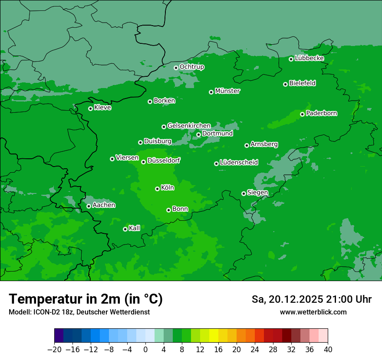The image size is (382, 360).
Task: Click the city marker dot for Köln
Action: [x=157, y=189]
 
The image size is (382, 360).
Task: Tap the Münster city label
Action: [x=227, y=91]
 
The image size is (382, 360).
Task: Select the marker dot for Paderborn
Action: [x=302, y=114]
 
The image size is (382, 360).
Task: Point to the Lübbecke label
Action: [x=309, y=58]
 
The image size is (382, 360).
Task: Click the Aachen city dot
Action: [x=89, y=206]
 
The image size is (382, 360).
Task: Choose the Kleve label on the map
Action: [x=102, y=108]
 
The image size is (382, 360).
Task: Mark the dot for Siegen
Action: [x=244, y=193]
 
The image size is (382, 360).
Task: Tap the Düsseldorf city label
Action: [x=164, y=160]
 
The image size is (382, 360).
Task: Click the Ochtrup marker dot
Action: [x=176, y=68]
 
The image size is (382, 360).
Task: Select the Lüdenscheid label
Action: [x=239, y=163]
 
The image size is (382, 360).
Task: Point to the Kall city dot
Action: [x=125, y=229]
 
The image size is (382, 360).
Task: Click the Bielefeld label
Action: [x=302, y=83]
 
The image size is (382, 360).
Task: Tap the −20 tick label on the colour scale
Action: [x=55, y=350]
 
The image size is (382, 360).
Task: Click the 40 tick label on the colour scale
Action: [x=328, y=350]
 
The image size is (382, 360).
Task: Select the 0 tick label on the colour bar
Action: [x=145, y=350]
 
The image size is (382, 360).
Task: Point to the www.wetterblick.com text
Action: [x=313, y=312]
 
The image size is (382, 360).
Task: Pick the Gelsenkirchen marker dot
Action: [x=164, y=127]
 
